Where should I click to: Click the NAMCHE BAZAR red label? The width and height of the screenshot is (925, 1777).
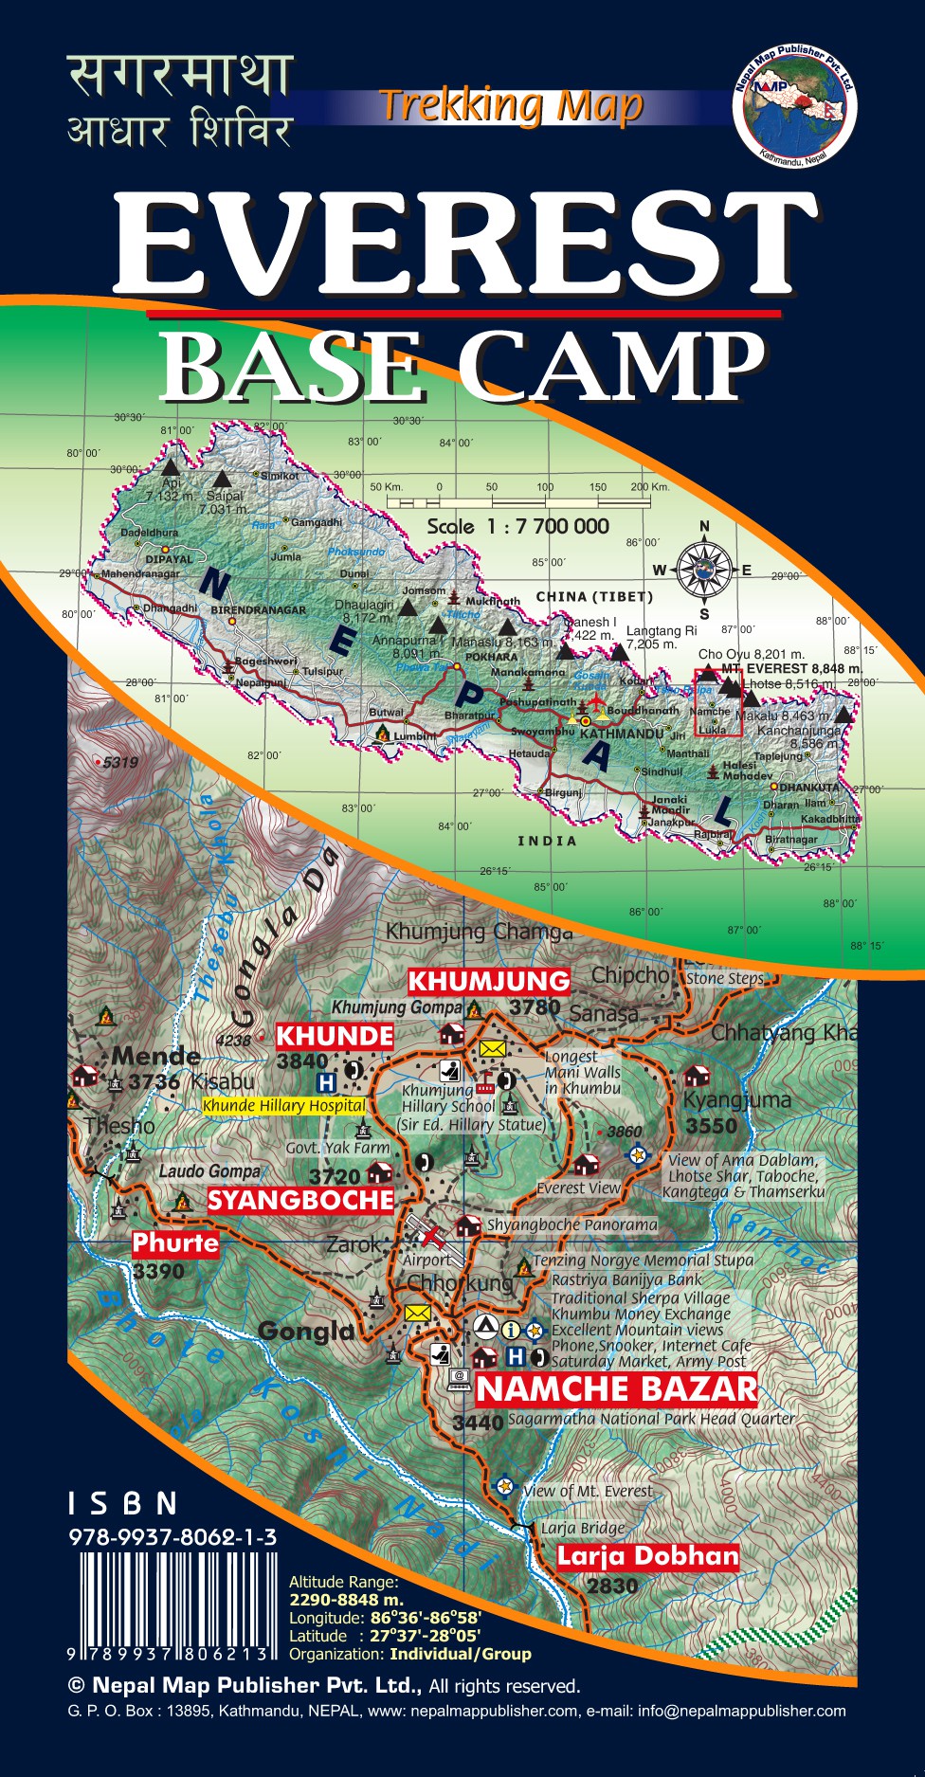(617, 1389)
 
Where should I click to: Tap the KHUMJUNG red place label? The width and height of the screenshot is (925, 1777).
(489, 980)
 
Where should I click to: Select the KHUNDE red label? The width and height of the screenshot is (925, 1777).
(334, 1036)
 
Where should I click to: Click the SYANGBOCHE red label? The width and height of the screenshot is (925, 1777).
(300, 1201)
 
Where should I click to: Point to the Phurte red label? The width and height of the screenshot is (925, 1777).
(175, 1242)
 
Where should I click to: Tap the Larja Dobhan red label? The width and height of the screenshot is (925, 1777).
(647, 1556)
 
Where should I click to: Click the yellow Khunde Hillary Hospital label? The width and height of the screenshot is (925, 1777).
(283, 1105)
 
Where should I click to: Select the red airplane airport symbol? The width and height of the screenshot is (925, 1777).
(431, 1235)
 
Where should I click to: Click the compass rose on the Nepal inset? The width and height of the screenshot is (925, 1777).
(704, 570)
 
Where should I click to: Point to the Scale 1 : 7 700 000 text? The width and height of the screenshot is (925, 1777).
(517, 527)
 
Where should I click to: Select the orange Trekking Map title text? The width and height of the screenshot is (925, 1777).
(511, 106)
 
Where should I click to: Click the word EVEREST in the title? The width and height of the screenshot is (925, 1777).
(463, 245)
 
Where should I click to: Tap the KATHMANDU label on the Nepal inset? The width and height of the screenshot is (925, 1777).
(622, 734)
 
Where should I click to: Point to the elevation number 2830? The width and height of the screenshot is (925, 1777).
(612, 1586)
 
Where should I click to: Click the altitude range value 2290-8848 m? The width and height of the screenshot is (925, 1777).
(346, 1600)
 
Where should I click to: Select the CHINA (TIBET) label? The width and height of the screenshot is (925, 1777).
(594, 596)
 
